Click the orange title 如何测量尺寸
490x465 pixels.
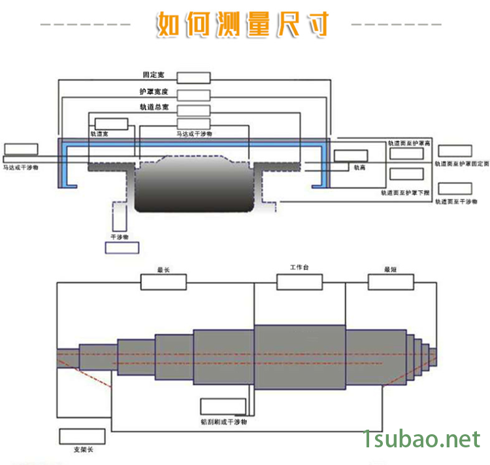pyautogui.click(x=242, y=25)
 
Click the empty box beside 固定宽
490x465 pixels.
pyautogui.click(x=193, y=78)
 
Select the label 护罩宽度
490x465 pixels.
pyautogui.click(x=154, y=92)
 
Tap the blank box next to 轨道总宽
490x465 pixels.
pyautogui.click(x=193, y=110)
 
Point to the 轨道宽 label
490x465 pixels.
pyautogui.click(x=99, y=133)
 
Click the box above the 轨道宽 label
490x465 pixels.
pyautogui.click(x=111, y=124)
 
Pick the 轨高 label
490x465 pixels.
pyautogui.click(x=359, y=167)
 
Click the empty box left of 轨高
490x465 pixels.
pyautogui.click(x=351, y=156)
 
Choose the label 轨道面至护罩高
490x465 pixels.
pyautogui.click(x=409, y=143)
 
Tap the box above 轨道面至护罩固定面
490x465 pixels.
pyautogui.click(x=455, y=150)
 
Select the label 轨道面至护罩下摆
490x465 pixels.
pyautogui.click(x=406, y=193)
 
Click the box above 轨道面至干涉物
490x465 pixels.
pyautogui.click(x=455, y=190)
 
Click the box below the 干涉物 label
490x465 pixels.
pyautogui.click(x=122, y=248)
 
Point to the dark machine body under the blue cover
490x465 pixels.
pyautogui.click(x=194, y=186)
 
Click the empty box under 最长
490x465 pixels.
pyautogui.click(x=164, y=282)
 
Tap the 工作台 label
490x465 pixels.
pyautogui.click(x=299, y=267)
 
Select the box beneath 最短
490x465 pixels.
pyautogui.click(x=391, y=282)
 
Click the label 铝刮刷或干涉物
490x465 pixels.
pyautogui.click(x=223, y=422)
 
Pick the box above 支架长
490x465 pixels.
pyautogui.click(x=80, y=436)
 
